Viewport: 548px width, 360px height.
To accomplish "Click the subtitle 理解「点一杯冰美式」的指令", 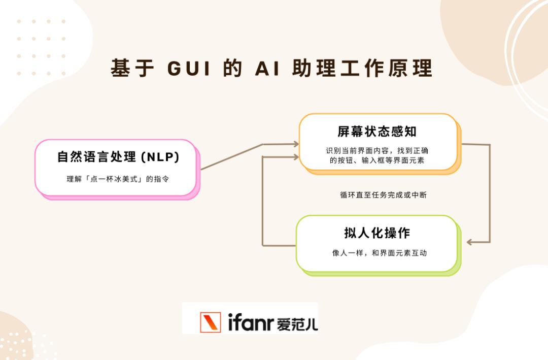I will coord(118,179).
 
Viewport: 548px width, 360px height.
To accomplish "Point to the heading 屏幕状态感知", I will coord(376,132).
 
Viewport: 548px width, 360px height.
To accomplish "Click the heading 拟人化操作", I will coord(376,233).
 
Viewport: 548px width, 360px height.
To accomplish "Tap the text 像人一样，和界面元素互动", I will coord(379,252).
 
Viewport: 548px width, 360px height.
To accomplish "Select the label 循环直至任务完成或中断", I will coord(383,194).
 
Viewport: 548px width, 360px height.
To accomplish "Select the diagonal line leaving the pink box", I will coord(231,157).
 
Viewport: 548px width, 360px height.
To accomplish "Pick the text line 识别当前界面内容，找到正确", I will coord(377,150).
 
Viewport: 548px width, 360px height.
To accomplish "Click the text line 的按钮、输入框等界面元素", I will coord(377,160).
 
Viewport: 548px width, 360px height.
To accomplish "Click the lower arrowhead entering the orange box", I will coord(295,157).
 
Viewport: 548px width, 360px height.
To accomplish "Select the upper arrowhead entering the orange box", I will coord(295,144).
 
